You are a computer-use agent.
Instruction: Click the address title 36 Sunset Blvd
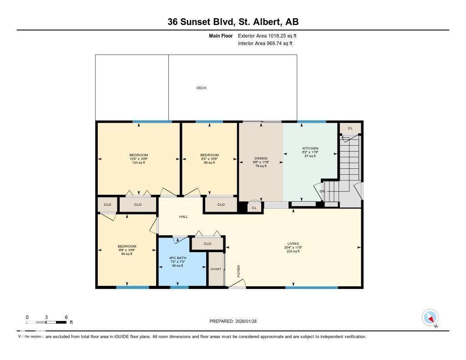tap(233, 22)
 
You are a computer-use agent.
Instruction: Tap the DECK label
tap(201, 88)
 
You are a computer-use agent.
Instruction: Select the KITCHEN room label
tap(310, 148)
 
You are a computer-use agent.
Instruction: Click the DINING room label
tap(261, 158)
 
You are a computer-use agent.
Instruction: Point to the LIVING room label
tap(293, 243)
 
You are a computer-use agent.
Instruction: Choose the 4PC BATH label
tap(177, 258)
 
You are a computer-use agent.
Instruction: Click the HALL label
tap(183, 217)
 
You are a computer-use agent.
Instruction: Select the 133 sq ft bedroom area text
tap(138, 162)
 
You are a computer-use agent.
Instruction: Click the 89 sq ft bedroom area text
tap(209, 162)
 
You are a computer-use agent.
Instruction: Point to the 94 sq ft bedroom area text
tap(127, 254)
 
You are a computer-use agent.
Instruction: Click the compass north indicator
tap(430, 318)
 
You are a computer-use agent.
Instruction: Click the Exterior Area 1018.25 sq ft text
tap(267, 35)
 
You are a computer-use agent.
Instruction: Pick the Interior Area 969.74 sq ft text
tap(265, 43)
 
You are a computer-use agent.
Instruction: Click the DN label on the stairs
tap(322, 191)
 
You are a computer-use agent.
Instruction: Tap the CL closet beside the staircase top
tap(350, 128)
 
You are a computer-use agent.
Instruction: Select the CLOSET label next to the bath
tap(216, 269)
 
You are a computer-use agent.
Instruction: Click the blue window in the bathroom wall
tap(179, 287)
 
